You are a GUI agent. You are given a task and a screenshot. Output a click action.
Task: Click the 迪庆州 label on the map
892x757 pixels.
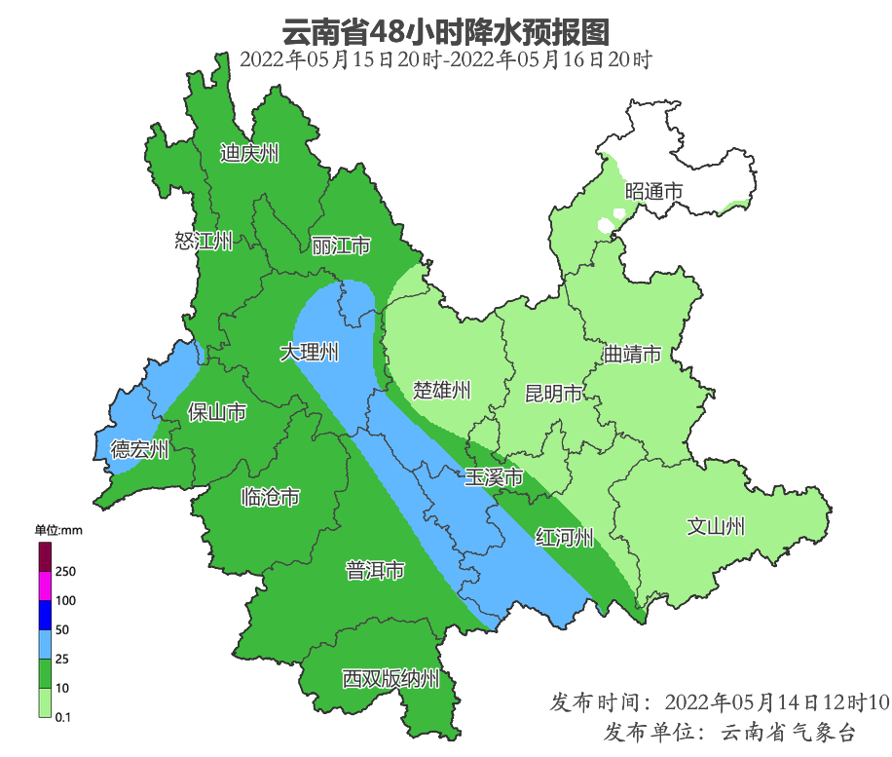tap(249, 153)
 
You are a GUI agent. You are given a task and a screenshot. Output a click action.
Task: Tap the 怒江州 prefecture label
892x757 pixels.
tap(204, 242)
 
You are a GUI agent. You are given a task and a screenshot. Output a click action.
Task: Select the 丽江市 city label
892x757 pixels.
tap(341, 246)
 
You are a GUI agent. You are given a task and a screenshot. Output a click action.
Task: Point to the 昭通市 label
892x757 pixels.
tap(653, 192)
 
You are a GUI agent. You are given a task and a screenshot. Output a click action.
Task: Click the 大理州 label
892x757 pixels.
tap(310, 353)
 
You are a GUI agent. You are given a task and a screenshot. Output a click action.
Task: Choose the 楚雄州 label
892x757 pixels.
tap(442, 392)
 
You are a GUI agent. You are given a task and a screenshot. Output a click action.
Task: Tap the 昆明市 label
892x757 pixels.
tap(554, 394)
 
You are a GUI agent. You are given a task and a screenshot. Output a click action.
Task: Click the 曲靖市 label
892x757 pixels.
tap(632, 354)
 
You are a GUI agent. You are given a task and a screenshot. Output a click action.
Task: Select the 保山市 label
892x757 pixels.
tap(216, 413)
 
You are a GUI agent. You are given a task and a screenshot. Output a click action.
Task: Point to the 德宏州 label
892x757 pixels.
tap(139, 449)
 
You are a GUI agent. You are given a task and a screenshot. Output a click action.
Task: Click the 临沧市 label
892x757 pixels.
tap(270, 498)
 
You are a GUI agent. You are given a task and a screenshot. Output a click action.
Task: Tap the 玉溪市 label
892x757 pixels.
tap(494, 478)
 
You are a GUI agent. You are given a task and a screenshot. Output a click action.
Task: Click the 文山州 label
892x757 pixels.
tap(716, 527)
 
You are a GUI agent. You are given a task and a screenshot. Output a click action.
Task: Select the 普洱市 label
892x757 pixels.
tap(375, 571)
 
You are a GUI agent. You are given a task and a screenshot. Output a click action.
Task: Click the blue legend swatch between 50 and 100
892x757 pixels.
tap(45, 615)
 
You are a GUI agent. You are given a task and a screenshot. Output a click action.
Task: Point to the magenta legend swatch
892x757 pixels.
tap(45, 586)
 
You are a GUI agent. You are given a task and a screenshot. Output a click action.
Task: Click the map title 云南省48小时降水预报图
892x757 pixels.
tap(445, 32)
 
